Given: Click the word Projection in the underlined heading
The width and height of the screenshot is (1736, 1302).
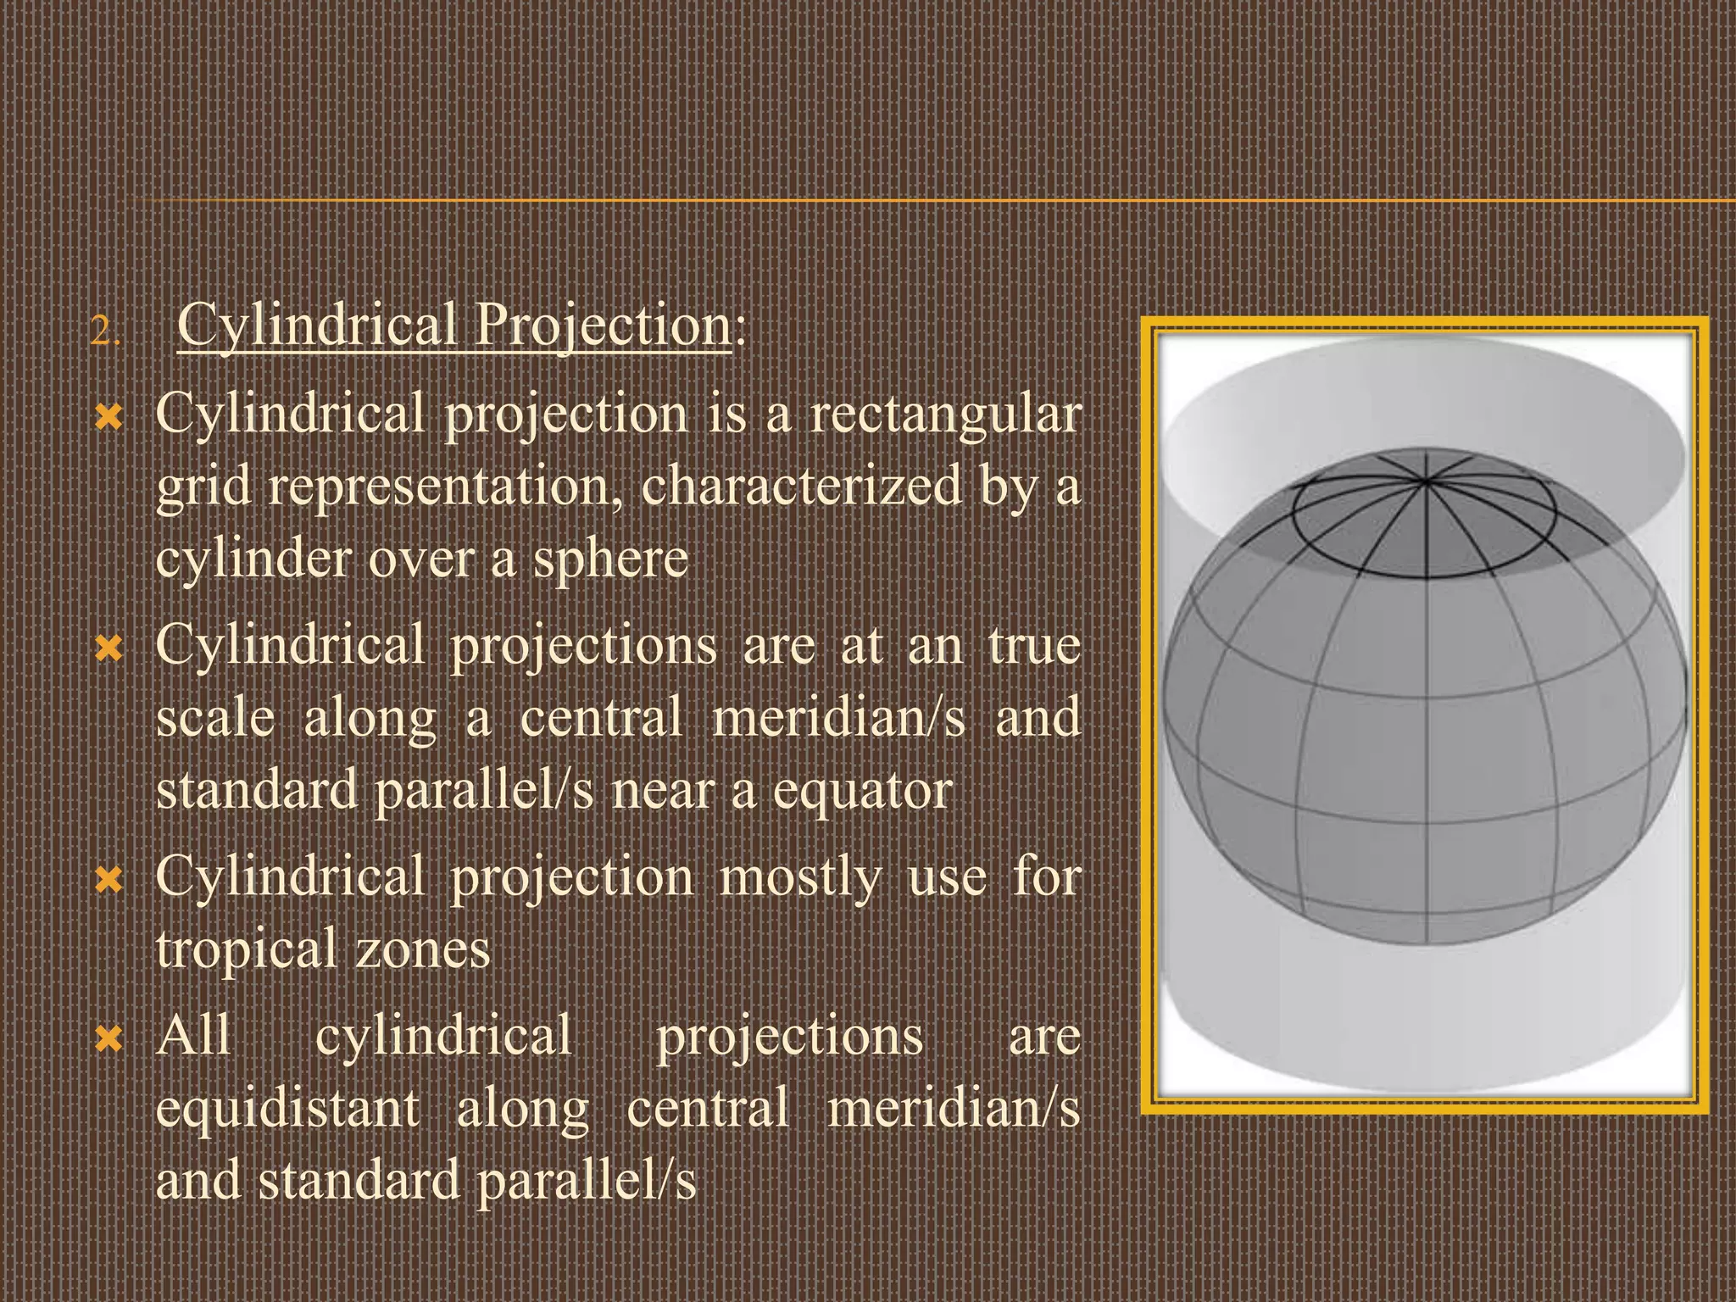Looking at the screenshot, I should click(x=602, y=325).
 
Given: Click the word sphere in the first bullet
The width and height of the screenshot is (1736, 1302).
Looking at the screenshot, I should click(x=610, y=559).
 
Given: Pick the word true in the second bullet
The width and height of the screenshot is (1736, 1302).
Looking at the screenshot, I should click(x=1034, y=646).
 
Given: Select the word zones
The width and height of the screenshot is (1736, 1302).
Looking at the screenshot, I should click(x=422, y=949).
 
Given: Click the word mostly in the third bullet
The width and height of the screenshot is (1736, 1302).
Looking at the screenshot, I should click(x=801, y=878).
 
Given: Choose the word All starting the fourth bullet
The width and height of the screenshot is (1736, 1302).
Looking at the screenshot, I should click(x=194, y=1036).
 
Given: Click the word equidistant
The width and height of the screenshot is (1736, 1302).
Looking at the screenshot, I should click(x=288, y=1109).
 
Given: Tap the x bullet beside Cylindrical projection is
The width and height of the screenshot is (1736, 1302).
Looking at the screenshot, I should click(x=110, y=418).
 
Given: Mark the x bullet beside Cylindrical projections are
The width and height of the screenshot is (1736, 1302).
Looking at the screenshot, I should click(x=110, y=650).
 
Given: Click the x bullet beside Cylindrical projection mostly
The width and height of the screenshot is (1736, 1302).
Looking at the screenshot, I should click(x=110, y=882).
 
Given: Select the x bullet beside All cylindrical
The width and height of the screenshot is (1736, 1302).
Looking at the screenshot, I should click(x=110, y=1038).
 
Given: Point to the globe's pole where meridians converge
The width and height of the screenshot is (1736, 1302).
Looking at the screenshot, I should click(x=1426, y=481).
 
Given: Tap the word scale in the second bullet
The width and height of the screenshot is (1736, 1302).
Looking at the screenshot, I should click(x=216, y=719).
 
